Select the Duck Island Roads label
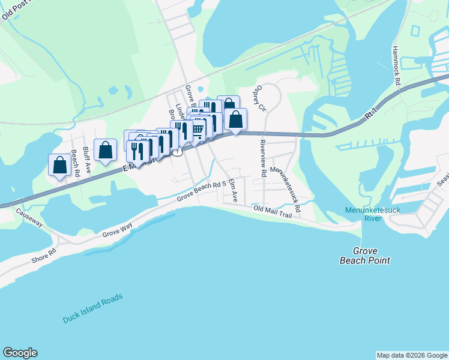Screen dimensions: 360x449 [x=92, y=308]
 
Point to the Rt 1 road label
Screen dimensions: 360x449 [x=373, y=118]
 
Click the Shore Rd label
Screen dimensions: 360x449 [x=43, y=255]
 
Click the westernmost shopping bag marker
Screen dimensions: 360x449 [x=60, y=165]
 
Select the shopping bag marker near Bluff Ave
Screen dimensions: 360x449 [x=106, y=150]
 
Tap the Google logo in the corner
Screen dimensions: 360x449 [x=20, y=353]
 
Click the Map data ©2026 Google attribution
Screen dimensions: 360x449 [x=412, y=355]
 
